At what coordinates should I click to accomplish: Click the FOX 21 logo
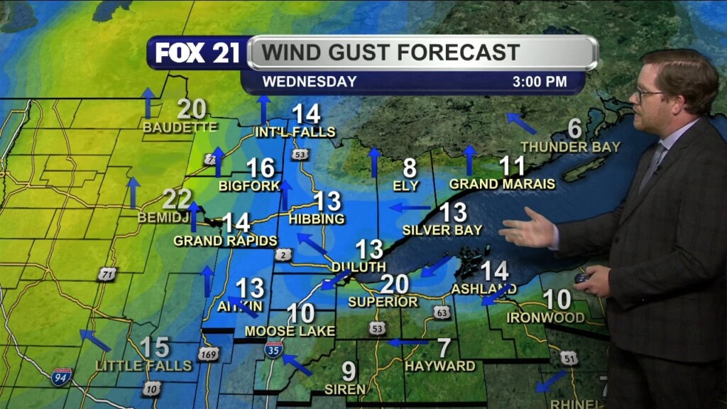point(198,53)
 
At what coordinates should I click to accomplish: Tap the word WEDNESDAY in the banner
point(310,82)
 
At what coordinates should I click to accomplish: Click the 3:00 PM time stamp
point(540,82)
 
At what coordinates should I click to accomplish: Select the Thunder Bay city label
point(570,147)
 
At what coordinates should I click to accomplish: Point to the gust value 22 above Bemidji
point(177,200)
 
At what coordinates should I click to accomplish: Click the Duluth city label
point(359,266)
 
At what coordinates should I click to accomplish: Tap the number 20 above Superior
point(395,284)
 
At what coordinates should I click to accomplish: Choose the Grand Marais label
point(502,184)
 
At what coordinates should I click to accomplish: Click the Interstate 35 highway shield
point(274,349)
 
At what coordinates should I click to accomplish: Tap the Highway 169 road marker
point(208,353)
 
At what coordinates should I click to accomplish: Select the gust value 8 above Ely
point(410,168)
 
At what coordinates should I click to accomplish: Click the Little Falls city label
point(144,365)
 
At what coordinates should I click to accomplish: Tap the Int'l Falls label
point(295,131)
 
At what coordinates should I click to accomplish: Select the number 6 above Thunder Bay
point(574,129)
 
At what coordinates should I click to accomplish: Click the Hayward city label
point(440,366)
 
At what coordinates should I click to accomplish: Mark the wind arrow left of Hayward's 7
point(408,342)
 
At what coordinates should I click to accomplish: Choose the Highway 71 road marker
point(107,275)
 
